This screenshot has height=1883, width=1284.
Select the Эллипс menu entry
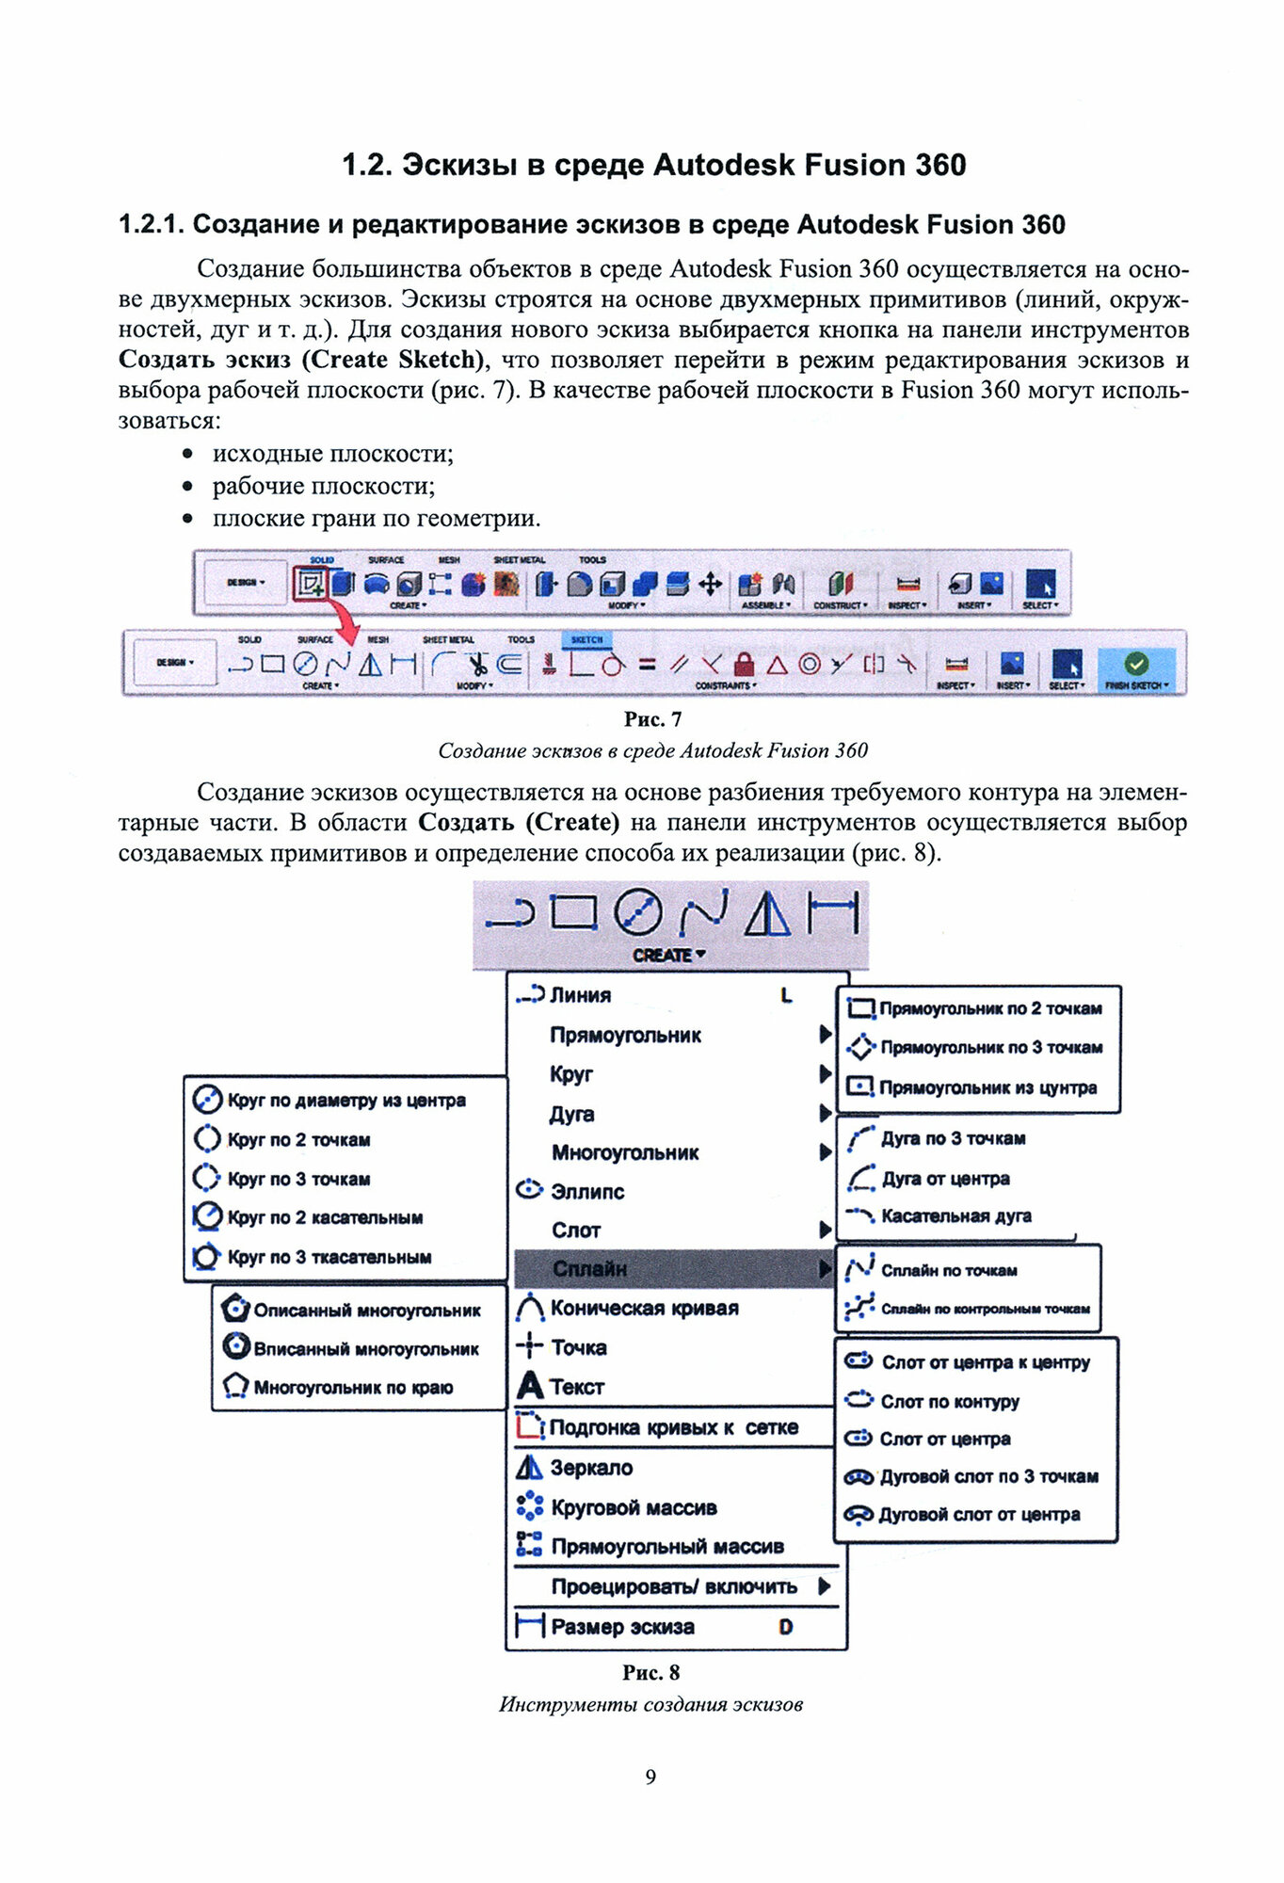pos(586,1191)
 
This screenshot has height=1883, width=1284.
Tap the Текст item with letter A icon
pos(576,1387)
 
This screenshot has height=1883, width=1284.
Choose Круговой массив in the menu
pos(634,1507)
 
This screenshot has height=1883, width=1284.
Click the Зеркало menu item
pos(590,1467)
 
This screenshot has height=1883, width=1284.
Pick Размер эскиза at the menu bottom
pos(622,1626)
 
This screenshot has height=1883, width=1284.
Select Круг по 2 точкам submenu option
pos(298,1139)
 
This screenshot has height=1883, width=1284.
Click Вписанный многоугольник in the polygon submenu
pos(365,1348)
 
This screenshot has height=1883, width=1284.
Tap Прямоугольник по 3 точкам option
pos(990,1047)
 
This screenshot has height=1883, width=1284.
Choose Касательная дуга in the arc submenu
pos(955,1215)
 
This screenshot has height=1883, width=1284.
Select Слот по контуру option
pos(949,1401)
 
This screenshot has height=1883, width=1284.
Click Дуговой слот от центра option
pos(978,1514)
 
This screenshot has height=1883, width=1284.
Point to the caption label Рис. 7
pos(652,719)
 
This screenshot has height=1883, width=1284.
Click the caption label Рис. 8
pos(650,1672)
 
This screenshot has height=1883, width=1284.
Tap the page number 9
pos(650,1776)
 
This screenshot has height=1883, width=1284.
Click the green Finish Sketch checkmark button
pos(1136,664)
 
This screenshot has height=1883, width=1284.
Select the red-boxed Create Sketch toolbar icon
pos(310,584)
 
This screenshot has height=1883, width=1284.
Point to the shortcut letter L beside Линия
pos(786,995)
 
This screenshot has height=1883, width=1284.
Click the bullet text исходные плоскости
pos(332,454)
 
